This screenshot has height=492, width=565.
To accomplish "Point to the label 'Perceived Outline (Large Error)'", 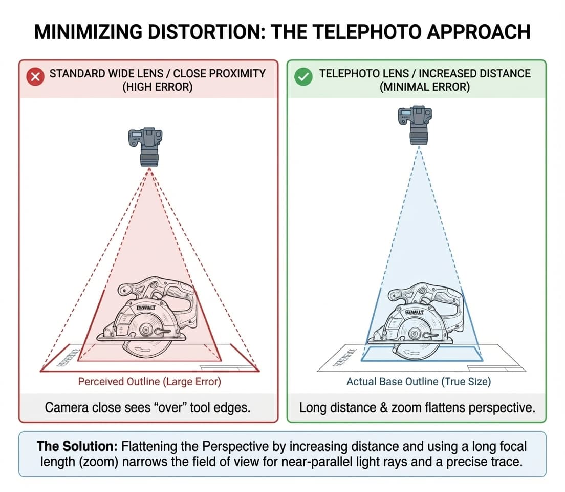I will [x=149, y=382].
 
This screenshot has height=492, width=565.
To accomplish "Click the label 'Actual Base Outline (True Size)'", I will [x=418, y=382].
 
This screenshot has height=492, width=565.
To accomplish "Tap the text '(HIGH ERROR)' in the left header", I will [x=157, y=87].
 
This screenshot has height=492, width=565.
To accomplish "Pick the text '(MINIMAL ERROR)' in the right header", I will [x=425, y=87].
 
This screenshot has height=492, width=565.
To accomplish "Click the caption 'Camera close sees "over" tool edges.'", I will [x=148, y=408].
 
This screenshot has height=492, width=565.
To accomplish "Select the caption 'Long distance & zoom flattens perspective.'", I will [x=417, y=408].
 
